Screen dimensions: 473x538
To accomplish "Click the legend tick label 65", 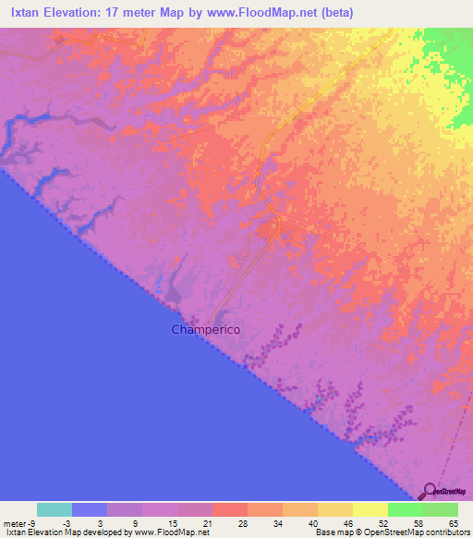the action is point(454,522).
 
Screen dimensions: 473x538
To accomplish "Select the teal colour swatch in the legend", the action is point(55,509).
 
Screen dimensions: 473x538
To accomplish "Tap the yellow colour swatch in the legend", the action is point(370,509).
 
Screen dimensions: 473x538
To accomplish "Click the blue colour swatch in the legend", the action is point(90,509).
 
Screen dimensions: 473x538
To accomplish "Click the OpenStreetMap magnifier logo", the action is point(429,491).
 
